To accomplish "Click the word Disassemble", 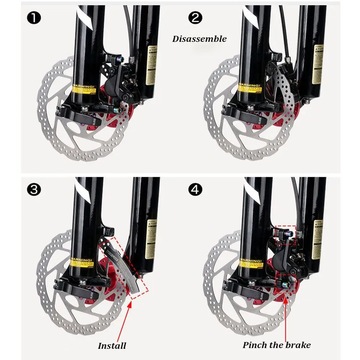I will point(199,39).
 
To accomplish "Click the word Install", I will point(112,346).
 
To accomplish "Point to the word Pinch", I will point(255,345).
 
